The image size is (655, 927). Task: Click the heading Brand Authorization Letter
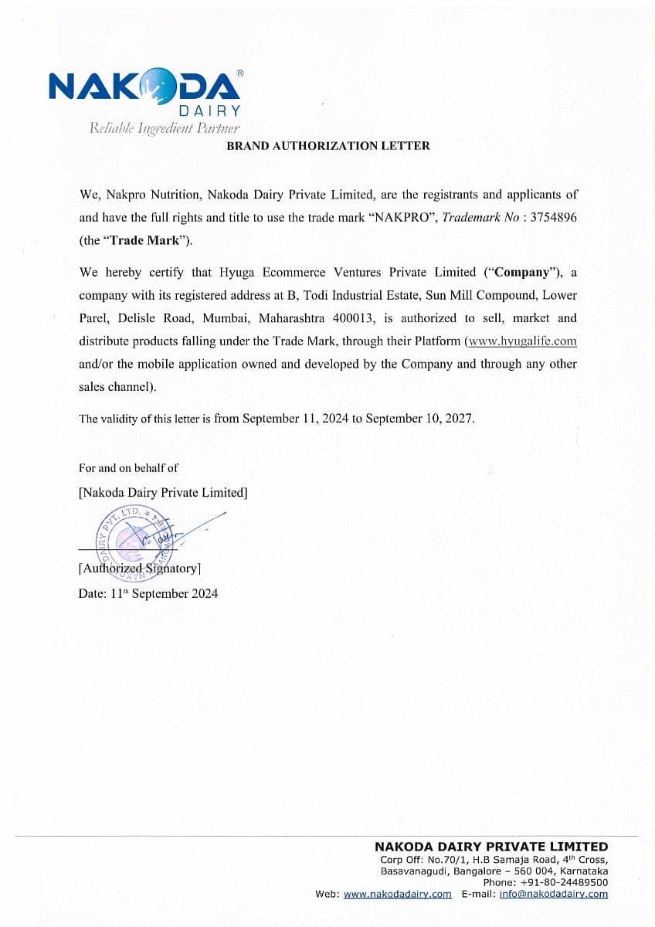327,145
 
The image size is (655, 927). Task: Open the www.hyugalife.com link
522,341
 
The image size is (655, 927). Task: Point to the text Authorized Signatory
140,569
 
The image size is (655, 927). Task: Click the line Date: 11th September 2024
148,593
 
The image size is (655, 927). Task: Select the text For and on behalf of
128,468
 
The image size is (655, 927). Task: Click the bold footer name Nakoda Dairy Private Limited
491,847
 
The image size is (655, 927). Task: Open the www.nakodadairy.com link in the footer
397,894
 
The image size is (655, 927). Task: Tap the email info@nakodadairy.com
553,894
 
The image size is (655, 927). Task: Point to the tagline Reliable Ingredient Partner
165,128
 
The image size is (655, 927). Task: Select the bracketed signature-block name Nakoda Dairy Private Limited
163,492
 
